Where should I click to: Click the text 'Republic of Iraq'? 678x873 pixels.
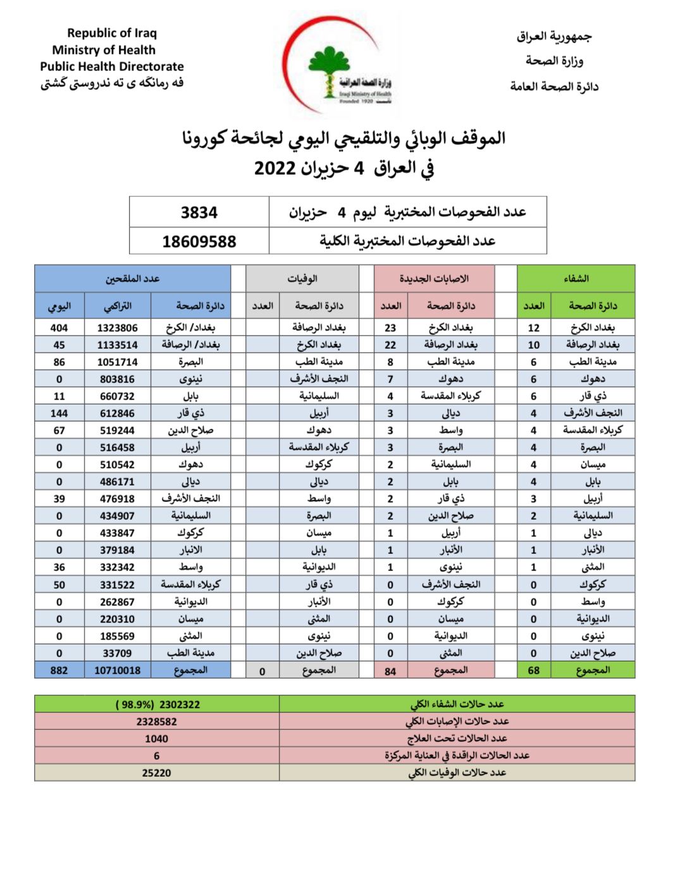pos(112,33)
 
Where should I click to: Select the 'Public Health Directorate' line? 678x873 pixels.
pos(112,66)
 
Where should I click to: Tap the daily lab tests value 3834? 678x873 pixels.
pos(199,213)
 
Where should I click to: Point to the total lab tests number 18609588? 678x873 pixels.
pos(199,241)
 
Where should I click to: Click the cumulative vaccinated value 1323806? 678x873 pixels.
pos(117,328)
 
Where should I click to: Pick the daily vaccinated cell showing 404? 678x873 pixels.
pos(59,328)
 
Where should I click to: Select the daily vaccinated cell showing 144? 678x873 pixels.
pos(59,413)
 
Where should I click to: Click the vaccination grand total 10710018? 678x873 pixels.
pos(117,670)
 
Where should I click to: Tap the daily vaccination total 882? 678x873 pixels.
pos(59,670)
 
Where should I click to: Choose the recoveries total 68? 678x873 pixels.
pos(534,670)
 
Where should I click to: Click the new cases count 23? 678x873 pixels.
pos(390,328)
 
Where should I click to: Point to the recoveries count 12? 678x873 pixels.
pos(534,328)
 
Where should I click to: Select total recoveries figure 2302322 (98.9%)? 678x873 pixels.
pos(157,704)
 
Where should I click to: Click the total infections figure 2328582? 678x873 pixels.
pos(157,721)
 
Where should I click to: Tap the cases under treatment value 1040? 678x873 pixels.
pos(157,738)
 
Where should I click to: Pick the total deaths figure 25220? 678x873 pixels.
pos(157,772)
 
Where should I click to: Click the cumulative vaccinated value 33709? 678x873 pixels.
pos(117,653)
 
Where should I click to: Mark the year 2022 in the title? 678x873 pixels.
pos(275,168)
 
